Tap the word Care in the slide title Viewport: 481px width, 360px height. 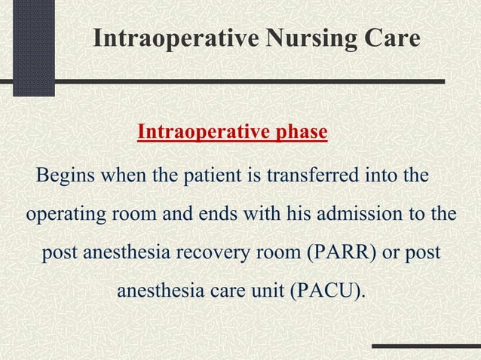click(x=388, y=38)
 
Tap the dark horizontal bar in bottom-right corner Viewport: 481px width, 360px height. click(x=426, y=347)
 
